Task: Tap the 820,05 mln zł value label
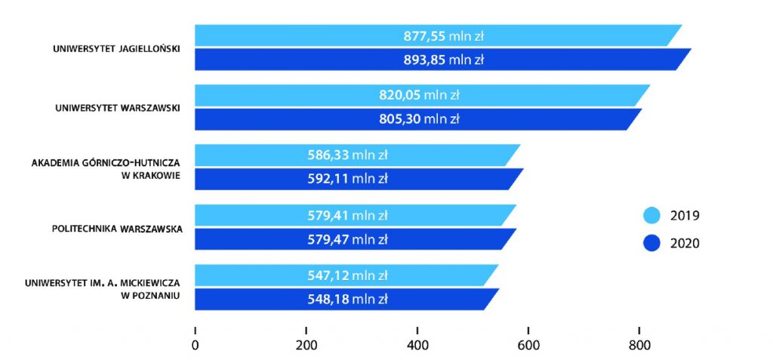click(419, 95)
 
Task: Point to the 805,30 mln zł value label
click(419, 118)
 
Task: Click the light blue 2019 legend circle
click(650, 216)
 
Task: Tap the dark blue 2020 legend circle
click(650, 243)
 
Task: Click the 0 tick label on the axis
click(196, 346)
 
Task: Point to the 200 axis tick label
click(306, 346)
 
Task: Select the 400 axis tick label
click(417, 346)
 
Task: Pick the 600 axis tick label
click(528, 346)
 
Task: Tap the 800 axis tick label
click(639, 346)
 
